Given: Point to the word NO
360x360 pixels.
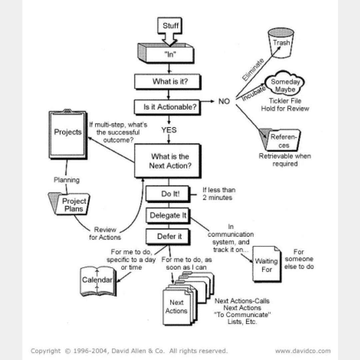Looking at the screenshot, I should [224, 101].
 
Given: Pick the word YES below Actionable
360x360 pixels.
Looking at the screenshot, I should [169, 130].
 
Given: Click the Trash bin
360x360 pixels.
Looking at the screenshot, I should [281, 43].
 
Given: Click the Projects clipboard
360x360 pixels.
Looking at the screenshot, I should [68, 133].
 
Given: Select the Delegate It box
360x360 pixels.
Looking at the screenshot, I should [167, 215].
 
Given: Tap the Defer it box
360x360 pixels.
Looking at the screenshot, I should [168, 237].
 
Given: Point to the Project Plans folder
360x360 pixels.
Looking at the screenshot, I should [71, 204].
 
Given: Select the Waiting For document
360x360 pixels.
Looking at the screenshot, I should [266, 264].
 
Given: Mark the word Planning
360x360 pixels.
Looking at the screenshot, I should [67, 180].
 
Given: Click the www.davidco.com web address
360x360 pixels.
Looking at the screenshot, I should [303, 351].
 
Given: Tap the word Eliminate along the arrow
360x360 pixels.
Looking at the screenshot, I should [253, 69].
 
